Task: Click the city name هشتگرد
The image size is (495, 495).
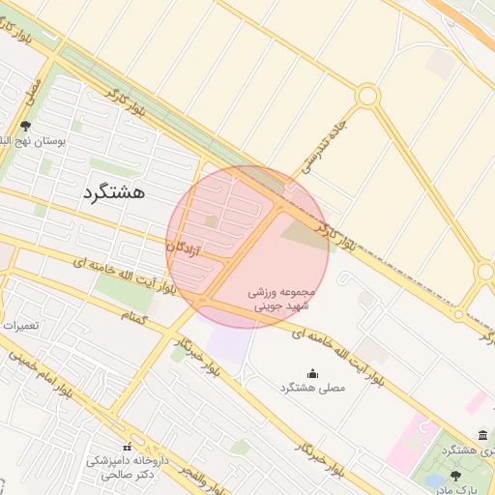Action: point(113,191)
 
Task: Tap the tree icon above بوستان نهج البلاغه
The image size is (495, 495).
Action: point(25,126)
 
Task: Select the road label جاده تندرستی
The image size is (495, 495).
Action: point(325,146)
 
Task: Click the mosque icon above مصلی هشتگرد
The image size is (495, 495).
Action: point(312,373)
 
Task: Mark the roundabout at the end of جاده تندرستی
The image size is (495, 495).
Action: point(367,96)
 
